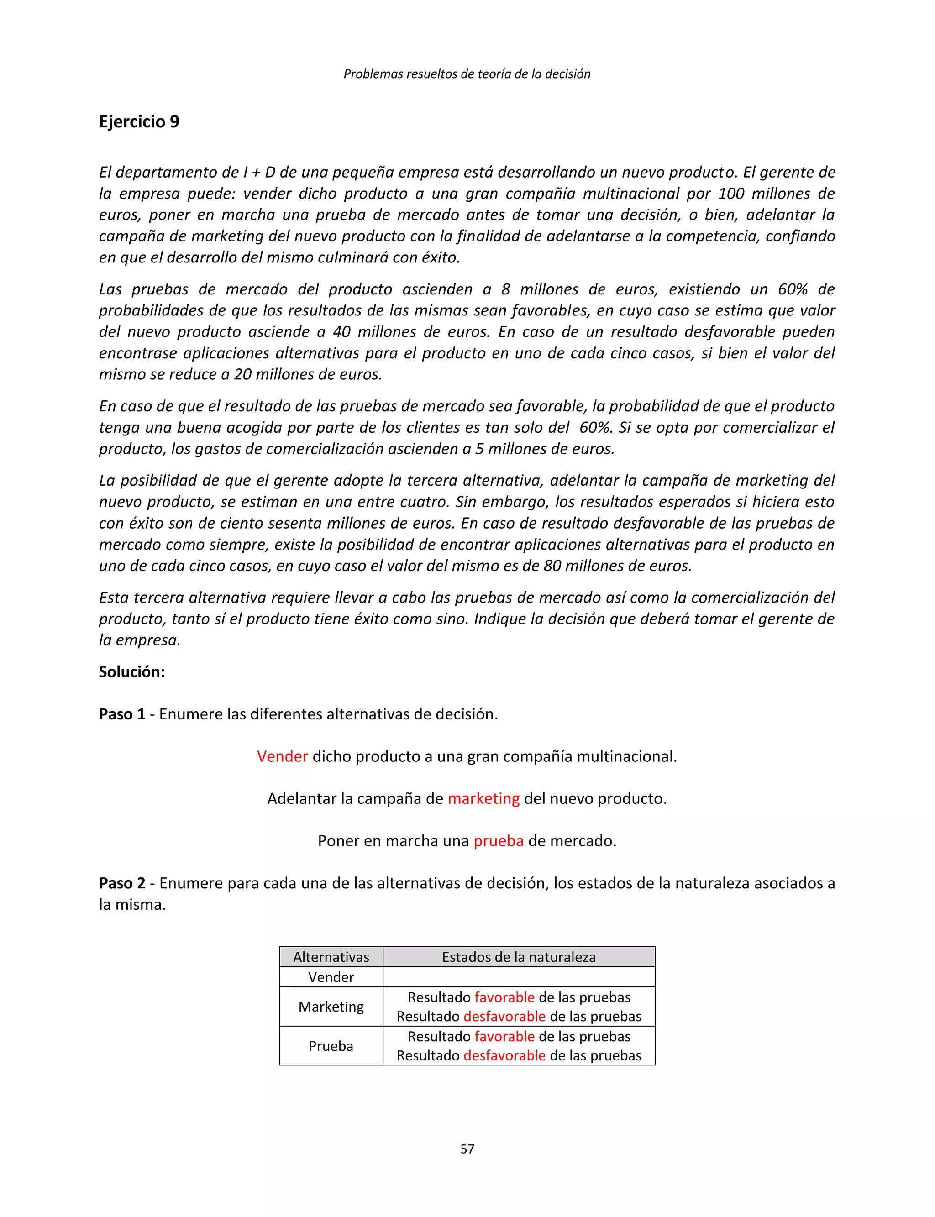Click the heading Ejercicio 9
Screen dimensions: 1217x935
click(139, 121)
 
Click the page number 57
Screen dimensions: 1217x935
click(467, 1149)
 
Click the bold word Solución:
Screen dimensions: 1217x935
click(132, 671)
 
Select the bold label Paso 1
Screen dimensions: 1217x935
click(122, 714)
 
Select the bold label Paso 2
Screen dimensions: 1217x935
click(122, 883)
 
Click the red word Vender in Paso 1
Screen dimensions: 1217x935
click(282, 756)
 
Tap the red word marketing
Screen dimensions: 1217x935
click(483, 798)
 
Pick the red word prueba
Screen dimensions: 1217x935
click(498, 841)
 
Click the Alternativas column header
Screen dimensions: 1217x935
click(331, 957)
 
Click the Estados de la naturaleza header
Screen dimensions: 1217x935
click(519, 957)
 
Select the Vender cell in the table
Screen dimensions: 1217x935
click(331, 977)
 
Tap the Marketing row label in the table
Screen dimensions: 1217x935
click(331, 1007)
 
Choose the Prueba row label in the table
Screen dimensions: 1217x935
click(331, 1046)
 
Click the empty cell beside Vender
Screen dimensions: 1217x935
click(519, 977)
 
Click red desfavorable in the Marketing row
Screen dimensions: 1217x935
click(504, 1017)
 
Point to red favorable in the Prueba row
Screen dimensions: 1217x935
click(504, 1037)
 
